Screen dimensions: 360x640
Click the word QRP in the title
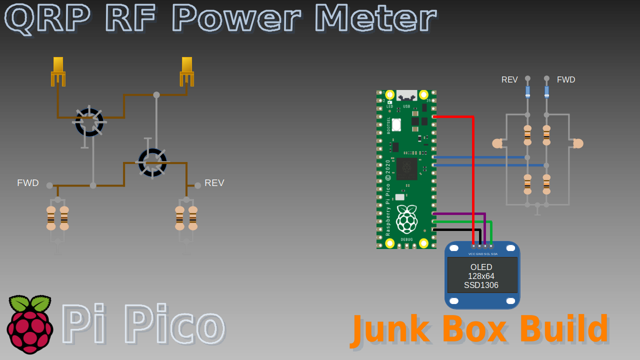pos(47,18)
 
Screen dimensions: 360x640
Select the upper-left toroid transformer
pos(89,122)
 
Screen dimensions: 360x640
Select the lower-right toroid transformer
pos(152,162)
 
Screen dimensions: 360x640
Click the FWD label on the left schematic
pos(28,183)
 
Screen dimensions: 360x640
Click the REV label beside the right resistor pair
pos(214,183)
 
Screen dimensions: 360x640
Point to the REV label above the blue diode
pos(509,80)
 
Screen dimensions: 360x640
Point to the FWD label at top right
pos(566,80)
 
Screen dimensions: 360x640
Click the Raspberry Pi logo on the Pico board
pos(407,219)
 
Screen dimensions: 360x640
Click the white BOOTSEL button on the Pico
pos(396,124)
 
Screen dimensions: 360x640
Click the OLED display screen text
pos(481,276)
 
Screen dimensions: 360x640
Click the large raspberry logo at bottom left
pos(30,324)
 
